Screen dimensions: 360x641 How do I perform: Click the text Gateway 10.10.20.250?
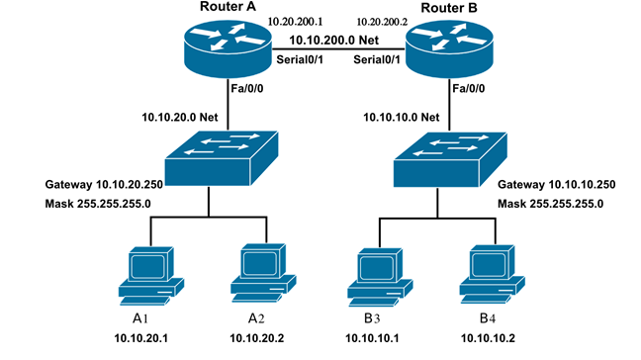point(104,185)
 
